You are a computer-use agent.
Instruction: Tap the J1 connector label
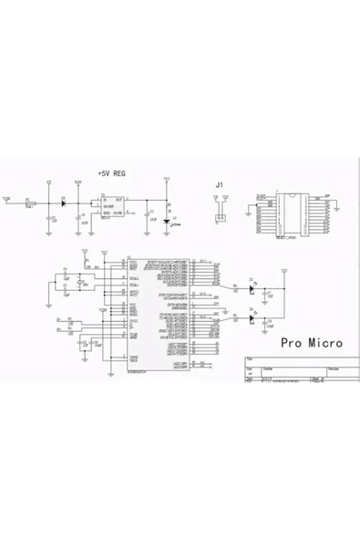219,186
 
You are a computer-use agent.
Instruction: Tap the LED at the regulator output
167,220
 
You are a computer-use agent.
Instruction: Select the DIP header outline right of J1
293,215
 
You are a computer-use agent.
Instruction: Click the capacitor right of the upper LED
269,292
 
